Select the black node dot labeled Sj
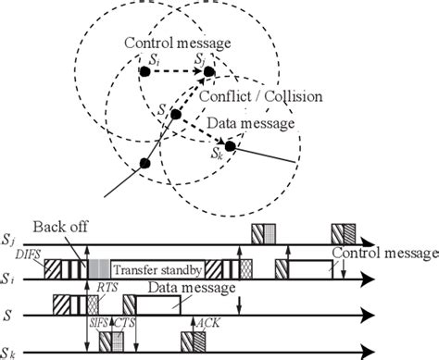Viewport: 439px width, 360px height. (x=210, y=71)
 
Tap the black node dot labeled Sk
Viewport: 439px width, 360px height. (x=230, y=145)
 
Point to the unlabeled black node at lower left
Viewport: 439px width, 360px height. (x=144, y=164)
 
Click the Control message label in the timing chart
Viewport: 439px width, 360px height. (x=381, y=252)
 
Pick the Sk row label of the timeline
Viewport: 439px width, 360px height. (x=10, y=349)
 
